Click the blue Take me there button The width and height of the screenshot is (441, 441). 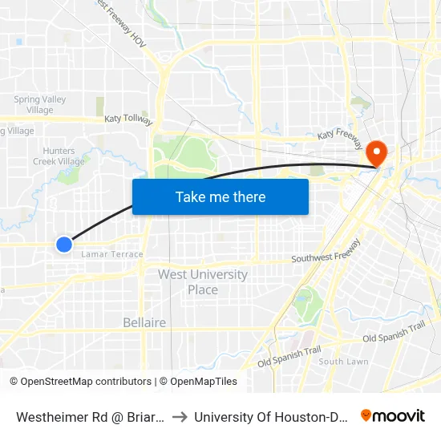click(220, 196)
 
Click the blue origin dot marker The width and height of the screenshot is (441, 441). click(64, 245)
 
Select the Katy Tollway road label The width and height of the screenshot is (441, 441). click(127, 119)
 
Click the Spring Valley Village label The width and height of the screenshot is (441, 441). click(39, 105)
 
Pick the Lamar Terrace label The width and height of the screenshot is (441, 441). click(111, 254)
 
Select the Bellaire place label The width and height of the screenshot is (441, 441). click(144, 322)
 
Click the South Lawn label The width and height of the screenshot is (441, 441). click(343, 362)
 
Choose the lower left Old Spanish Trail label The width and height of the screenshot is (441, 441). click(289, 357)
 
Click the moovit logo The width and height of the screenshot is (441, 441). click(393, 415)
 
